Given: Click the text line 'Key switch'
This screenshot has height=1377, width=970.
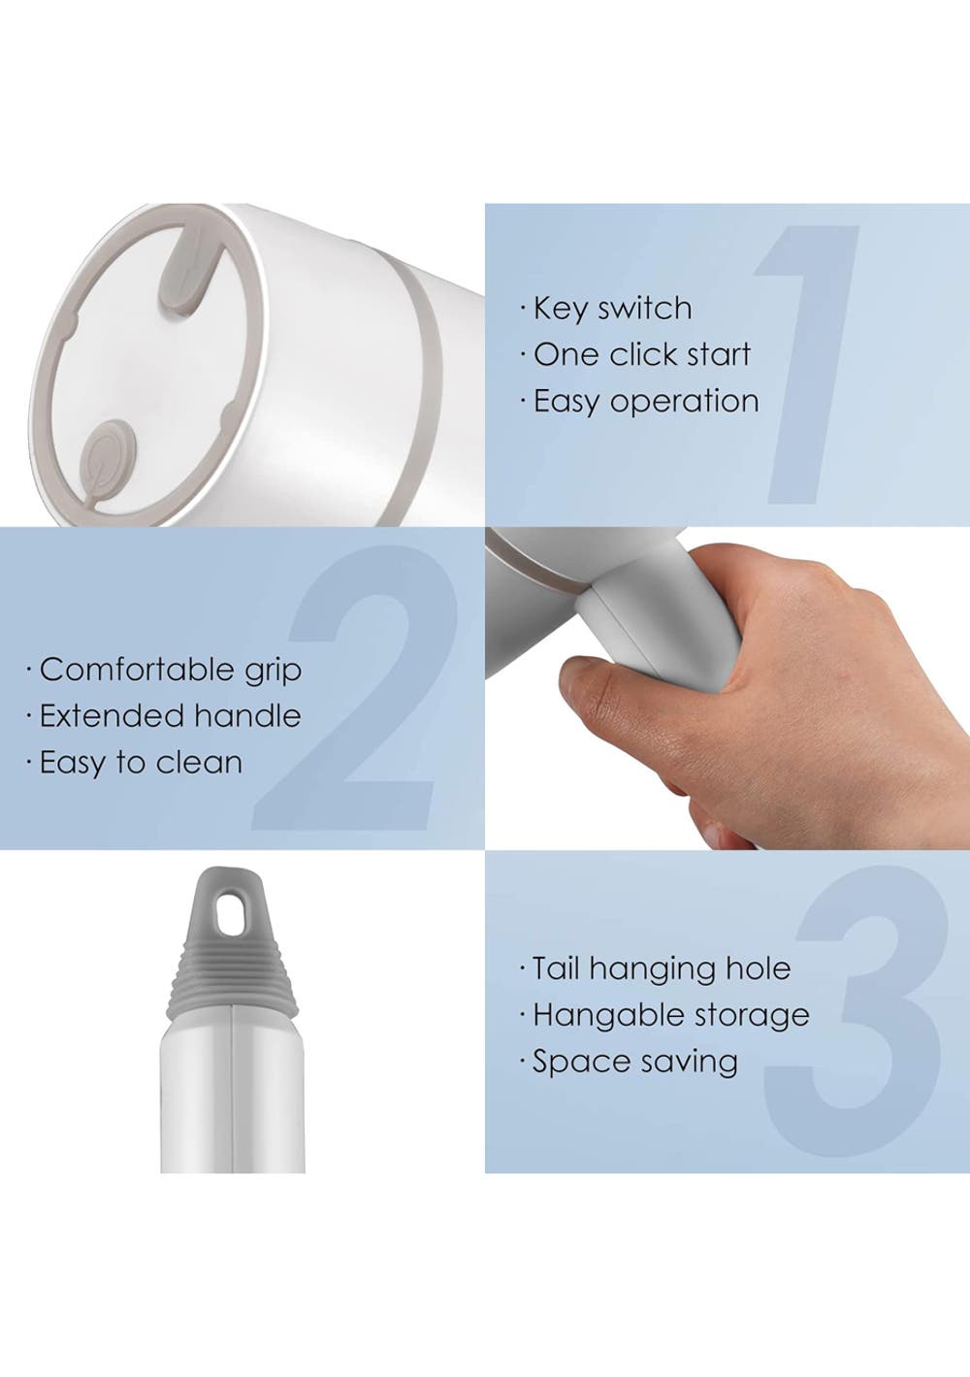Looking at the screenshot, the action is coord(612,310).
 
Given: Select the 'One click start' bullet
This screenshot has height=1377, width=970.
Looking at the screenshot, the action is coord(642,355).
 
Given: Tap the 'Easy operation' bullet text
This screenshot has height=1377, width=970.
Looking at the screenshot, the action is coord(646,402).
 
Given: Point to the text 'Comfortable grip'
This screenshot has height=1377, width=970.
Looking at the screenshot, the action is coord(171,671).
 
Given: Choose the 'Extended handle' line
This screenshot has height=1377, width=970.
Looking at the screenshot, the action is coord(170,716).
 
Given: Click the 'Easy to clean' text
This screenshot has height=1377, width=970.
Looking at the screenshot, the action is coord(141,763).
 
